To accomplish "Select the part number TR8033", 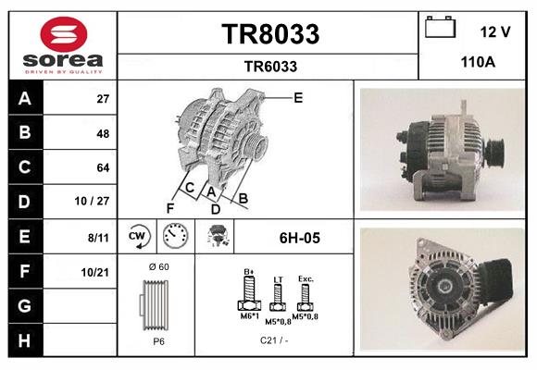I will tap(270, 34).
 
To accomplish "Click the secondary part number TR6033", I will tap(270, 66).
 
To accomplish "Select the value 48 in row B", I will tap(103, 132).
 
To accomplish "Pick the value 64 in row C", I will tap(103, 167).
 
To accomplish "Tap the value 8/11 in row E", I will tap(95, 238).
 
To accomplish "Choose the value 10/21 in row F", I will tap(95, 272).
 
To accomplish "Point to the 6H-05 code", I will tap(299, 238).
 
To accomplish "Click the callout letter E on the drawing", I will tap(298, 97).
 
